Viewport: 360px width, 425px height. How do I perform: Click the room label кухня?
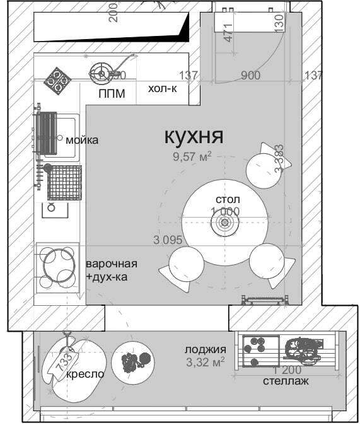(194, 136)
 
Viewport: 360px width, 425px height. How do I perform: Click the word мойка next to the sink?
(82, 140)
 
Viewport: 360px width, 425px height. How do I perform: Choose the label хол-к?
(162, 89)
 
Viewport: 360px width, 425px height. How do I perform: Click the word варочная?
(112, 264)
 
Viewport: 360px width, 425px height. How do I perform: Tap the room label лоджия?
(205, 349)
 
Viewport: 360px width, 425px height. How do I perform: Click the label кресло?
(85, 374)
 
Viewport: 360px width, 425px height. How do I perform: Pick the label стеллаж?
(286, 381)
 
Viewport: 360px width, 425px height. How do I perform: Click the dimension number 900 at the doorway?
(250, 76)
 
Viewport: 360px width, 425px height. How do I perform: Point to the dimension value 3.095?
(167, 240)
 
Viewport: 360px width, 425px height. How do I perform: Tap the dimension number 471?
(228, 32)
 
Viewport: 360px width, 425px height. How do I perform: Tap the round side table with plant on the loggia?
(132, 361)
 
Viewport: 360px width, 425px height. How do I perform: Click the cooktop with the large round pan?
(57, 265)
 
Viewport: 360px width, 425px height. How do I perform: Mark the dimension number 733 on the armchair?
(64, 362)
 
